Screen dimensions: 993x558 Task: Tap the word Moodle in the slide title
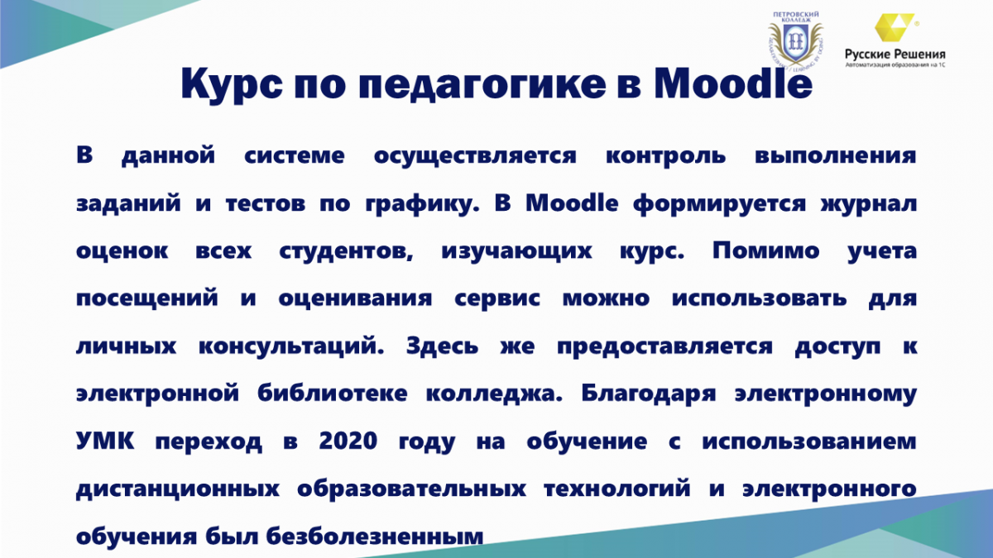(x=733, y=83)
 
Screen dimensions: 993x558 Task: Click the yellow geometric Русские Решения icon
(x=895, y=27)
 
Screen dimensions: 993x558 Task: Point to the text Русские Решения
(x=895, y=55)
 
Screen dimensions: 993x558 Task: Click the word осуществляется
(x=475, y=156)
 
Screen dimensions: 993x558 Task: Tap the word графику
(x=422, y=204)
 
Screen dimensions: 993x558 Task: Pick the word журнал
(x=868, y=204)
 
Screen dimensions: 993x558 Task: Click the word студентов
(x=346, y=251)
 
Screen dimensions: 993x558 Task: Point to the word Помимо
(x=766, y=250)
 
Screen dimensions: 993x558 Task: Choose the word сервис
(x=497, y=298)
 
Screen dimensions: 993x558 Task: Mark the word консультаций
(x=290, y=346)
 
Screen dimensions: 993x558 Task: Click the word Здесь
(x=442, y=346)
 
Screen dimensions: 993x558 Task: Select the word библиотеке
(x=332, y=393)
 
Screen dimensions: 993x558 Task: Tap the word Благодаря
(x=649, y=393)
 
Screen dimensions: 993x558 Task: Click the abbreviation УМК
(x=105, y=441)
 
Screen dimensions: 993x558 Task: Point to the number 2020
(x=348, y=441)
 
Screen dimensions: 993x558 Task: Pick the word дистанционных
(x=178, y=489)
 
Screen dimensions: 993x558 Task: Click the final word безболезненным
(x=375, y=537)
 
